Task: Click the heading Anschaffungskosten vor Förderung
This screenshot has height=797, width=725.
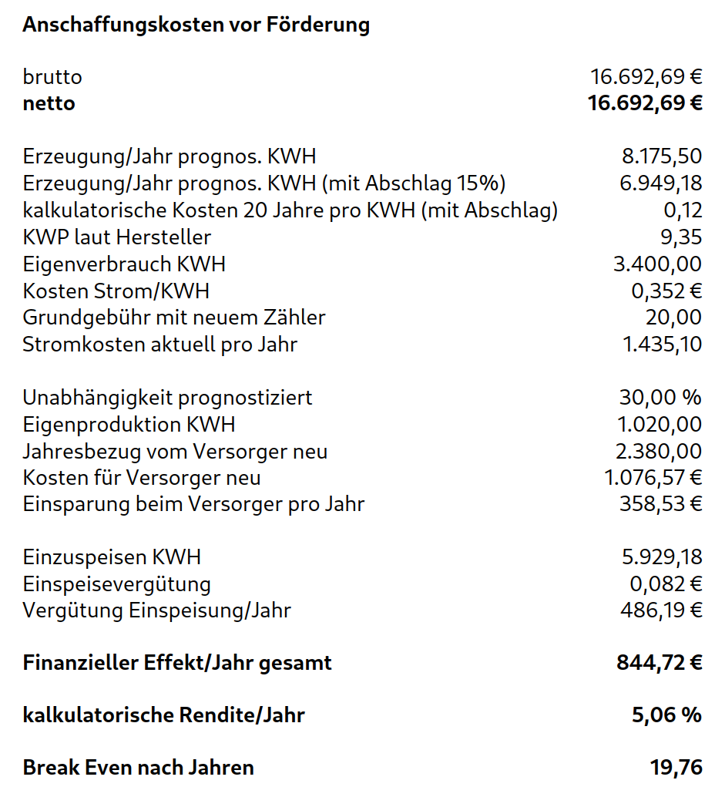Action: point(196,25)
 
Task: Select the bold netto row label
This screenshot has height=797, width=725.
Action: point(49,103)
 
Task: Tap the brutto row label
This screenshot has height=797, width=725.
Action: point(52,77)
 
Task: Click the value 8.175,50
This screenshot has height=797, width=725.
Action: point(662,156)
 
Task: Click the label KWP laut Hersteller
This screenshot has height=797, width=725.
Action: point(116,237)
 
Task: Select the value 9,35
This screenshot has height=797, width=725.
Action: point(681,237)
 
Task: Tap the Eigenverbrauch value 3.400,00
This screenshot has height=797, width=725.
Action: point(657,264)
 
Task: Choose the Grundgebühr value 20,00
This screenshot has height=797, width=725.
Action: point(673,318)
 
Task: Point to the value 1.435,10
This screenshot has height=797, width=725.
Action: point(662,344)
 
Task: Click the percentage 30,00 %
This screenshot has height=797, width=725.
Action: point(660,398)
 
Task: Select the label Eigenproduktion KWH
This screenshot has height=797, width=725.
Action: point(129,425)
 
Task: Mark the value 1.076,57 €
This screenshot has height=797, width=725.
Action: point(653,478)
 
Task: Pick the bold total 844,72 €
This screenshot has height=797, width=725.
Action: point(659,663)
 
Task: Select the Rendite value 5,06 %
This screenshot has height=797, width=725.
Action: point(666,715)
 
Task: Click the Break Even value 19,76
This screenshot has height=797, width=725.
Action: point(676,768)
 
